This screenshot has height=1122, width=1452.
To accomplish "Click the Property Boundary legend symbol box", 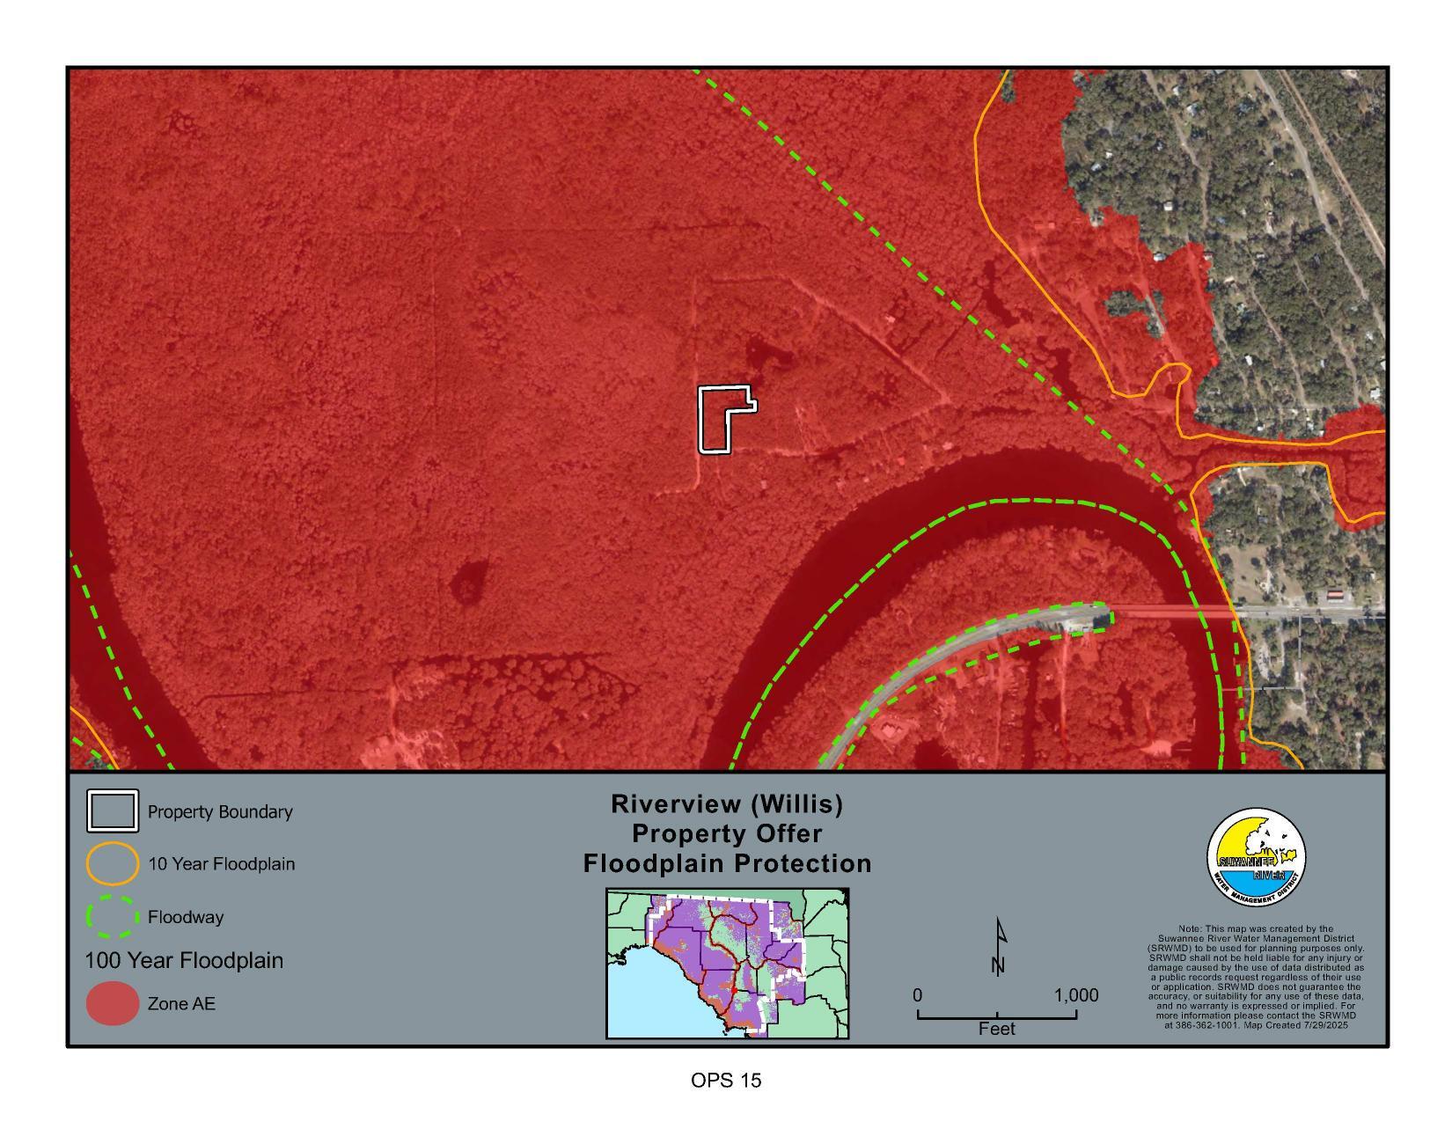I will click(112, 811).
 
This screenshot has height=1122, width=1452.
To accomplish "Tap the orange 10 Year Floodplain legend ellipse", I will click(112, 863).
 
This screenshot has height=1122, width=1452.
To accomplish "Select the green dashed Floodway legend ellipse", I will click(112, 917).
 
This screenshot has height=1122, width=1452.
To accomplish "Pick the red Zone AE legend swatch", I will click(112, 1004).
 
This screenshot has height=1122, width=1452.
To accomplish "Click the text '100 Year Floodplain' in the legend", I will click(184, 960).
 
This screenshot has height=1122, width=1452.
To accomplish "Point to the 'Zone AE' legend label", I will click(181, 1004).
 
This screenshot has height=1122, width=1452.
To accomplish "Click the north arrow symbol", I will click(998, 947).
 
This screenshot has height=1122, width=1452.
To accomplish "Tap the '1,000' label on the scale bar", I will click(1075, 995).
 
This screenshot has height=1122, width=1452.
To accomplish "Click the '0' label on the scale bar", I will click(917, 995).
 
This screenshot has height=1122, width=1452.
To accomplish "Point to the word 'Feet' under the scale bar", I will click(996, 1029).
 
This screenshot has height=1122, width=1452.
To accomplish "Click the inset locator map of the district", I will click(727, 964).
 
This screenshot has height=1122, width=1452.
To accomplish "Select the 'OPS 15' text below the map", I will click(726, 1081).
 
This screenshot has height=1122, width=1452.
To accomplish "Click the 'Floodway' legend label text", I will click(186, 918).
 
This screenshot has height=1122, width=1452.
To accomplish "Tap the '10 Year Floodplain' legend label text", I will click(221, 864).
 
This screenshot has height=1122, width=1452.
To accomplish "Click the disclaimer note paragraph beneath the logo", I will click(1256, 977).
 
